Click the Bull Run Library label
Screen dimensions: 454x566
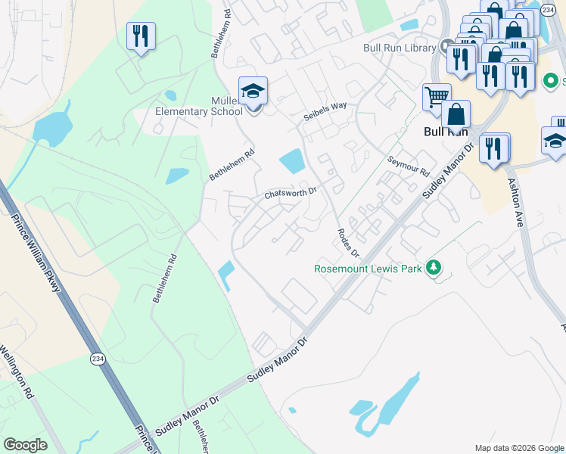coord(400,48)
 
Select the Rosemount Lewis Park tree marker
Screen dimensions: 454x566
coord(434,268)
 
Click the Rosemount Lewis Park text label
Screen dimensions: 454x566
coord(369,269)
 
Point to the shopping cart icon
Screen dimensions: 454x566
coord(437,97)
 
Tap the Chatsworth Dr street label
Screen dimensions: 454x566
coord(290,194)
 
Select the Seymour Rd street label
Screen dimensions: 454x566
coord(408,164)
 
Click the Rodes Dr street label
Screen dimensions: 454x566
coord(347,242)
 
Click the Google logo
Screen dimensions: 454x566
coord(25,445)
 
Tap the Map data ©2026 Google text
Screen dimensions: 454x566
coord(518,448)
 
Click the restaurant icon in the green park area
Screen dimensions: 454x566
coord(141,36)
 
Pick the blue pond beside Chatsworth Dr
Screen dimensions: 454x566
coord(291,160)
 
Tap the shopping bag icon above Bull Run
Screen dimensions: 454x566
coord(456,115)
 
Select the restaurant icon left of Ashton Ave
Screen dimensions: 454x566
coord(494,148)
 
